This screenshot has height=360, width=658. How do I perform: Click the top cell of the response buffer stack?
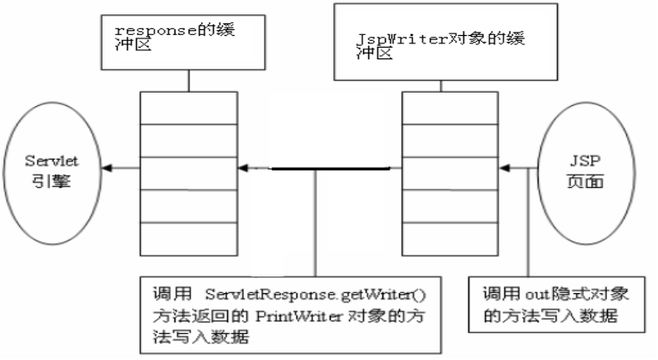[190, 106]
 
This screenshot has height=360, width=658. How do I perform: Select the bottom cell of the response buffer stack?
[190, 232]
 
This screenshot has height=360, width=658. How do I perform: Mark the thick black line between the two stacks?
[330, 170]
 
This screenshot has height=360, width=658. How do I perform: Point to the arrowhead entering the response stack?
[244, 170]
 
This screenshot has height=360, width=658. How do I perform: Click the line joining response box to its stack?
[190, 80]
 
